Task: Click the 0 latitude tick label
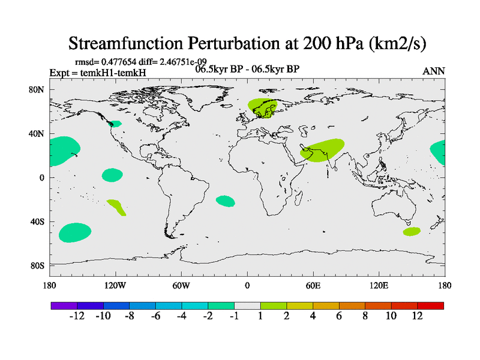pos(43,178)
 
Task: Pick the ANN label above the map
pos(434,71)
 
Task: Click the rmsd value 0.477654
pos(122,62)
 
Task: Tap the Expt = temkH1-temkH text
pos(97,73)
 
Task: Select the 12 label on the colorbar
pos(418,316)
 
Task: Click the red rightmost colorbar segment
pos(431,305)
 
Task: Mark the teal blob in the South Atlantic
pos(226,201)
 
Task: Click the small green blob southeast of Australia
pos(412,231)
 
